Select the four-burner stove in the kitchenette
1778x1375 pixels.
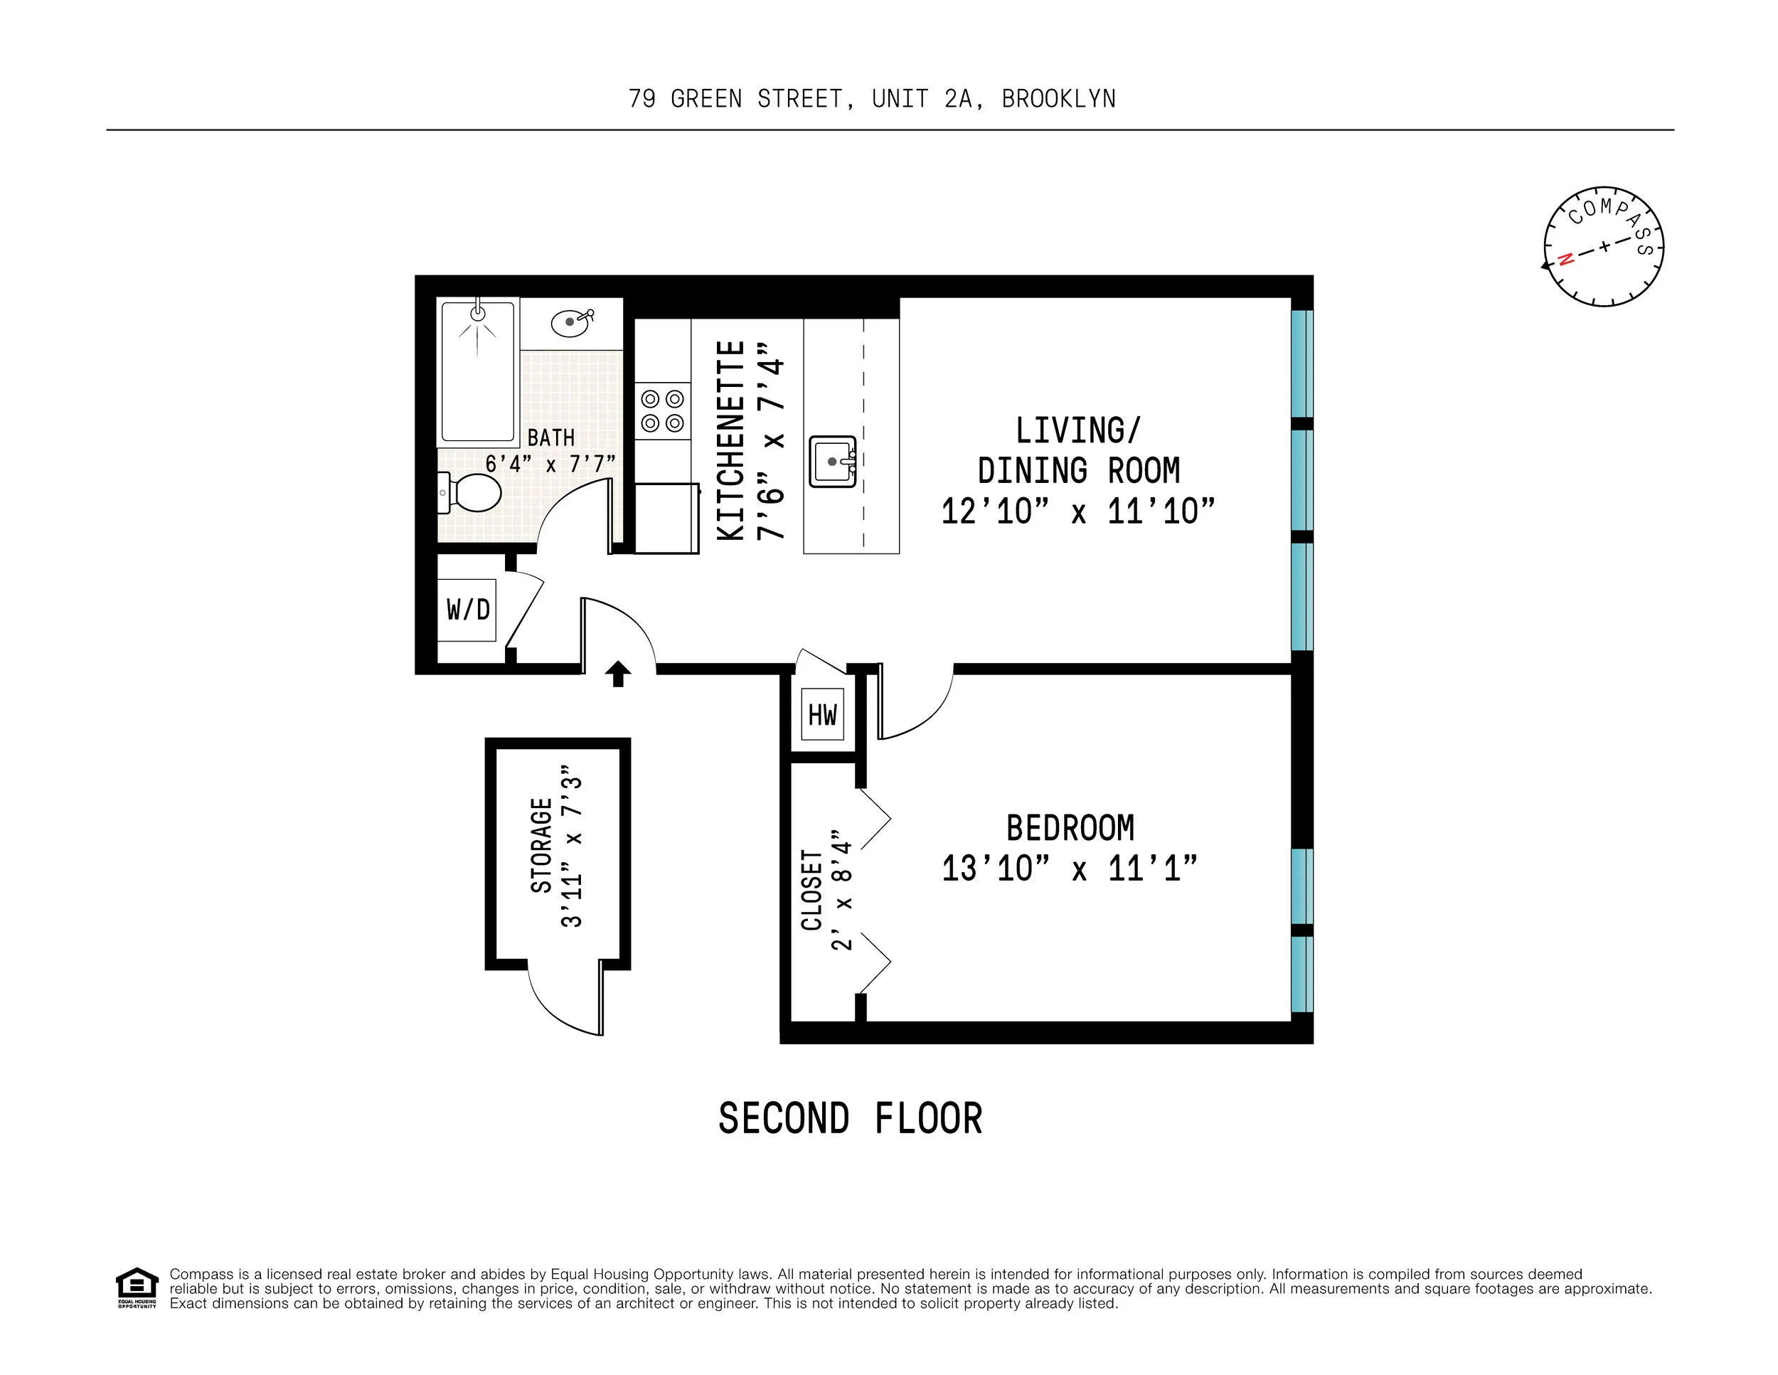point(662,411)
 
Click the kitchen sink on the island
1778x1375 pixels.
point(832,462)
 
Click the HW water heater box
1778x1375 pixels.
point(822,715)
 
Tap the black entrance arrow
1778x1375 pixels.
point(618,673)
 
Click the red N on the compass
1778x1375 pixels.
point(1565,260)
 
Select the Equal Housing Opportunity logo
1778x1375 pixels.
point(136,1288)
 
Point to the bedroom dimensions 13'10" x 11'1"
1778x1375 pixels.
point(1070,869)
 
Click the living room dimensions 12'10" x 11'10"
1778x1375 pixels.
point(1078,511)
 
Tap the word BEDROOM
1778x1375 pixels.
point(1070,828)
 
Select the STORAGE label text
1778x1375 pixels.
point(541,846)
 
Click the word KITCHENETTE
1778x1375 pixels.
point(730,440)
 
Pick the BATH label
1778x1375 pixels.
point(551,437)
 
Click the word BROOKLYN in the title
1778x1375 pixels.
point(1058,98)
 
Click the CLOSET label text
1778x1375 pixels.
point(811,890)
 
